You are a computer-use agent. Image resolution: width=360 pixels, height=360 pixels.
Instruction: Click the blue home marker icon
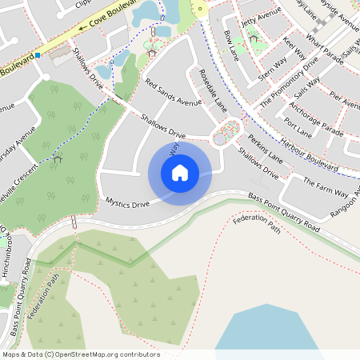point(180,172)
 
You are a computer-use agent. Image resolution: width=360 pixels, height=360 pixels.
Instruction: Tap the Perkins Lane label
point(265,148)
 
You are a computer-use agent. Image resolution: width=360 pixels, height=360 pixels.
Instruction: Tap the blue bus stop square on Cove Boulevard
point(38,55)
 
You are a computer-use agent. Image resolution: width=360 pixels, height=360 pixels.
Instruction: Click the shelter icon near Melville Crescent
point(58,159)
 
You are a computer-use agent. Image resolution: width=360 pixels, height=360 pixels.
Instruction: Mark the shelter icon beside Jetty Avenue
point(254,37)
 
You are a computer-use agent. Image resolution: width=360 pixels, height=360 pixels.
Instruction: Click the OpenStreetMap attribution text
point(80,354)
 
